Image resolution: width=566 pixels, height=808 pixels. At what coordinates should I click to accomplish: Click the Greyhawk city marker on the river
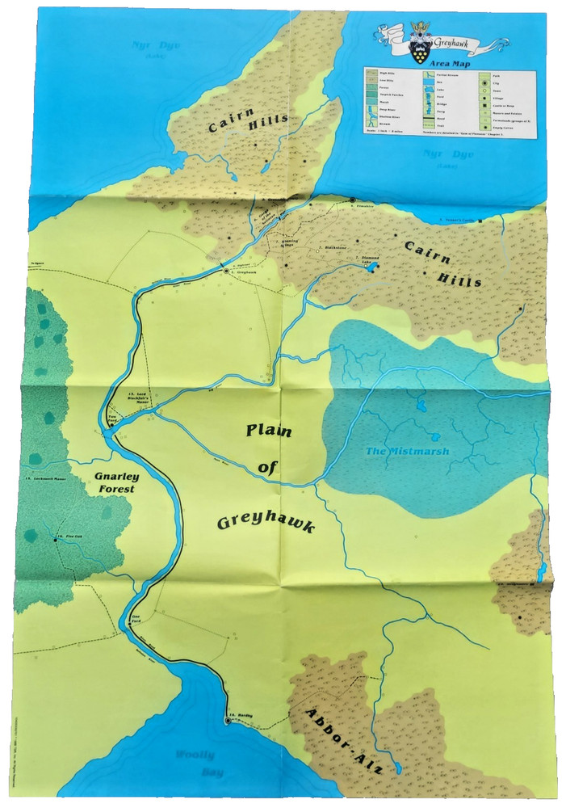[x=226, y=272]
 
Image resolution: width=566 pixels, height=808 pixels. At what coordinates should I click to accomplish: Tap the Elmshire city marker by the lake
[x=352, y=200]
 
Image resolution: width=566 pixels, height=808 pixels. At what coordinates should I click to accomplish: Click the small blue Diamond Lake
[x=371, y=267]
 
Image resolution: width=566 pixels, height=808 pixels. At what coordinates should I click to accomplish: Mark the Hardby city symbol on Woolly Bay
[x=227, y=721]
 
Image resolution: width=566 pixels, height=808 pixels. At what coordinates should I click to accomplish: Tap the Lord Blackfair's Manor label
[x=143, y=397]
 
